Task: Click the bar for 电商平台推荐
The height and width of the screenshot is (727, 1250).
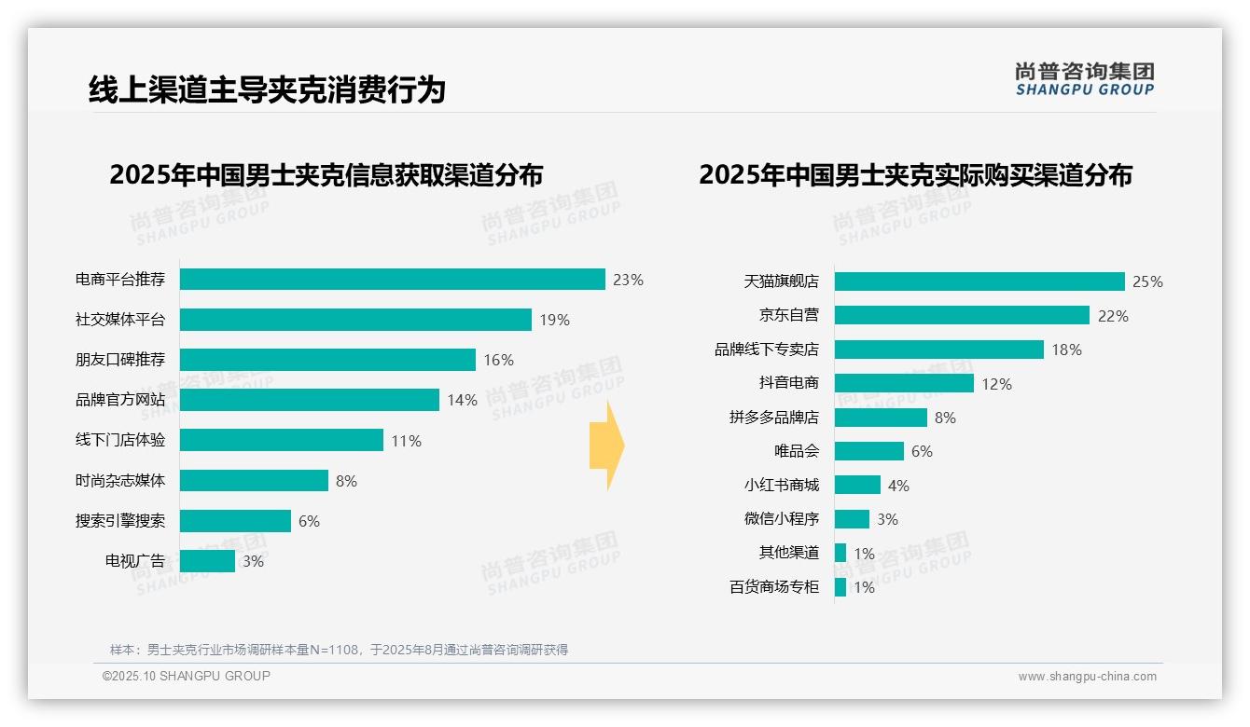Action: pos(392,280)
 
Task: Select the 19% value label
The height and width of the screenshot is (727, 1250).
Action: pos(554,320)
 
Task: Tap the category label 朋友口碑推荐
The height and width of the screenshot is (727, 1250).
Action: pos(120,360)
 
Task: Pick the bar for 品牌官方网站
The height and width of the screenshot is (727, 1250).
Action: pos(309,400)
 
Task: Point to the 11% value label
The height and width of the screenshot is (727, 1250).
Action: pos(406,441)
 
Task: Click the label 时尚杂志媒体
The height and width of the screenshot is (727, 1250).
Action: pos(120,481)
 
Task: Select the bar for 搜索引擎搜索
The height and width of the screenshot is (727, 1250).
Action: pos(235,521)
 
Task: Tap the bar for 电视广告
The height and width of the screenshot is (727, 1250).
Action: pos(207,561)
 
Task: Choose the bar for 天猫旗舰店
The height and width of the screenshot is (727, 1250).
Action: pos(979,281)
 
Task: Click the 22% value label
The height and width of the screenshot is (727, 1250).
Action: pos(1113,316)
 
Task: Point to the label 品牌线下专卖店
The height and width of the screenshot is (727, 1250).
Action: pos(767,350)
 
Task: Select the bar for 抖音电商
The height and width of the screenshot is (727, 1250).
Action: pos(904,383)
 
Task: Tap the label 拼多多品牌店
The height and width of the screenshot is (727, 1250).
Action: pos(774,418)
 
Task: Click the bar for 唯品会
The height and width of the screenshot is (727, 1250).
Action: pos(868,451)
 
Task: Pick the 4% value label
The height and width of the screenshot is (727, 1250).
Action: pos(898,486)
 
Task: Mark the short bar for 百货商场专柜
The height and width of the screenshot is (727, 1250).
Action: pos(840,587)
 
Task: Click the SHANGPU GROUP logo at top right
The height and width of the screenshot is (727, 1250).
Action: pos(1085,78)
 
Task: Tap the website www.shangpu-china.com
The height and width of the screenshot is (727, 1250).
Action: pos(1087,677)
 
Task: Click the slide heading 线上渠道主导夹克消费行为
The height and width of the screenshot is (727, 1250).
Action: pos(267,89)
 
